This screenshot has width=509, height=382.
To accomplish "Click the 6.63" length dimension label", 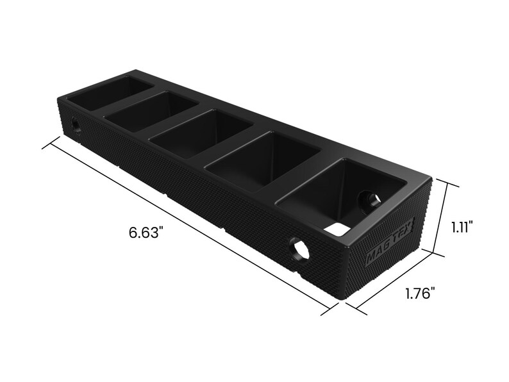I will [x=146, y=232].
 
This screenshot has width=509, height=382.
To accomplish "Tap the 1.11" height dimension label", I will [x=461, y=227].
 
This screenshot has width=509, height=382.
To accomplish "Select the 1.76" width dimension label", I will [x=421, y=294].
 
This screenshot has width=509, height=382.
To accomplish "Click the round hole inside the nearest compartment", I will [x=369, y=201].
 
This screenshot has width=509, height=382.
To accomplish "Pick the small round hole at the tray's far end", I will [x=76, y=124].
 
